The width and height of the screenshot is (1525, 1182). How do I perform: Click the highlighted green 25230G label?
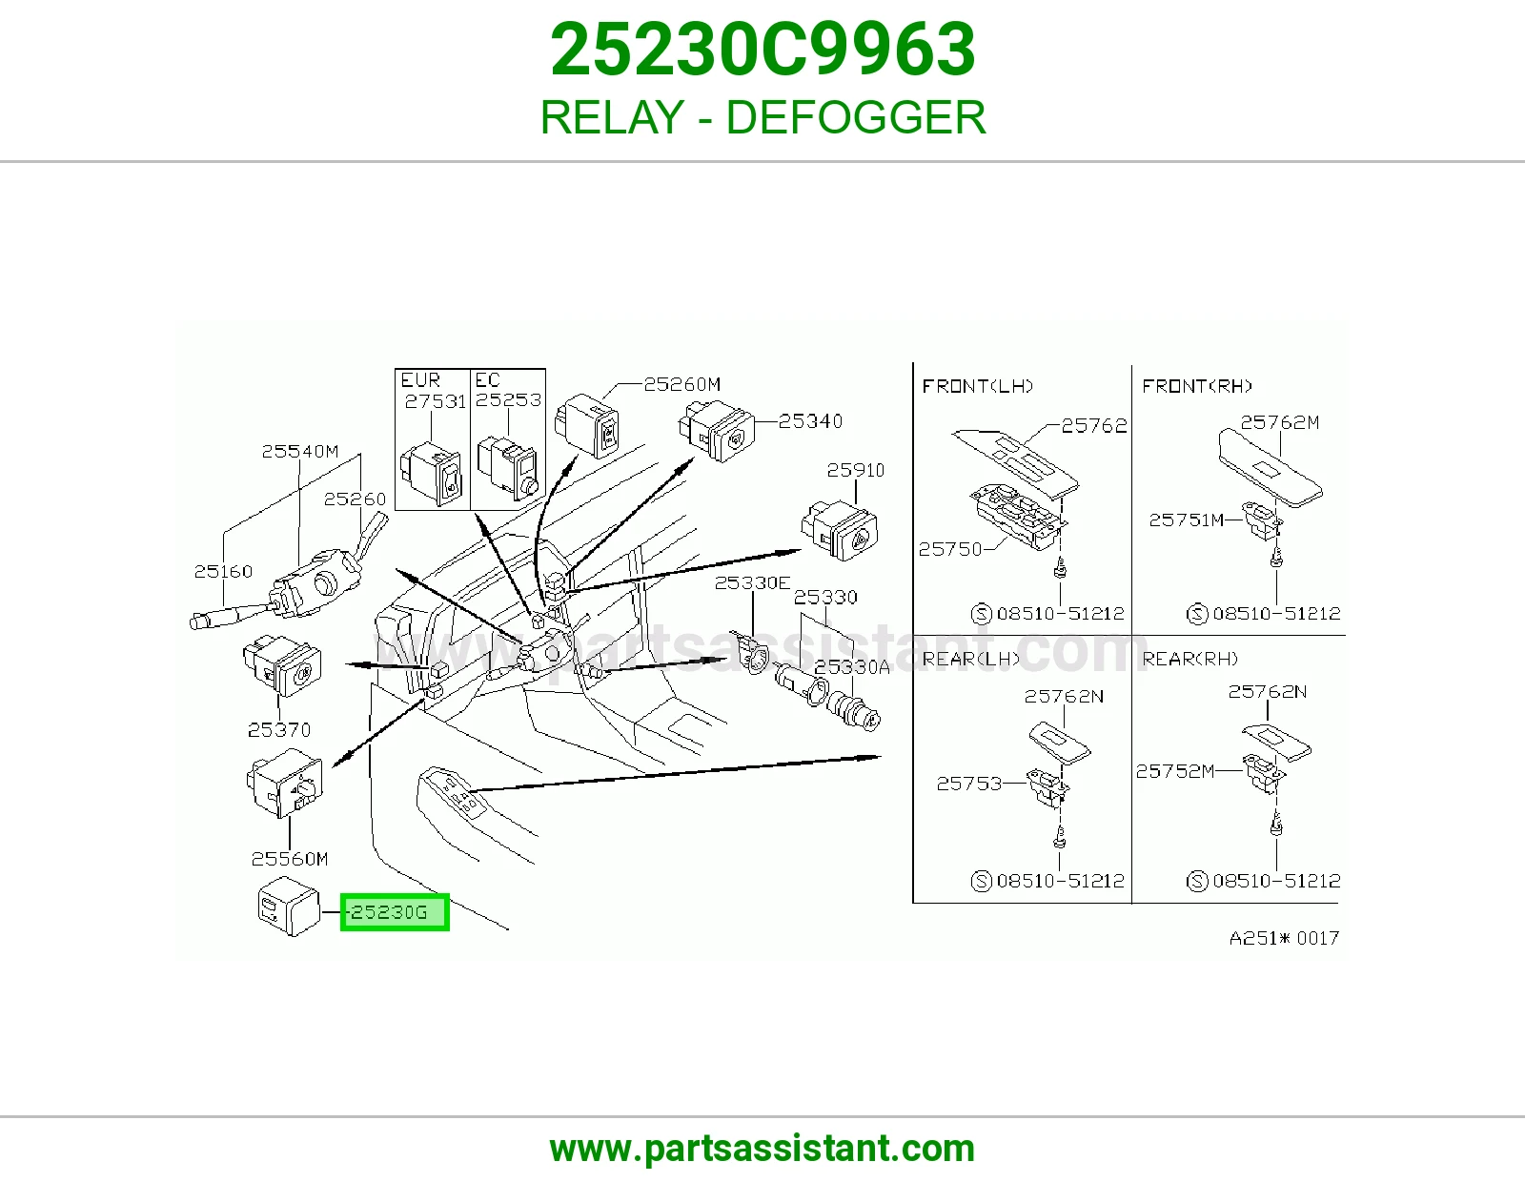coord(395,912)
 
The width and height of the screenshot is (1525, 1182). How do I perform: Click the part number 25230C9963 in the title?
coord(762,50)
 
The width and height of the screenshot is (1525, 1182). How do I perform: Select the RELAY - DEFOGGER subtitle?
coord(762,117)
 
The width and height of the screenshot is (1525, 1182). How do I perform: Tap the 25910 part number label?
coord(856,470)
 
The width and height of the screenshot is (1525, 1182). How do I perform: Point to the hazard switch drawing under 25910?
coord(840,530)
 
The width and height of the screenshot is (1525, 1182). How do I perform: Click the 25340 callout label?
coord(810,421)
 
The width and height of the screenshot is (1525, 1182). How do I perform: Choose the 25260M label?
coord(682,384)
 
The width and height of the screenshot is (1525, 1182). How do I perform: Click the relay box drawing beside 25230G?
coord(289,907)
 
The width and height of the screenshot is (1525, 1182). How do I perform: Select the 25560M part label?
coord(290,859)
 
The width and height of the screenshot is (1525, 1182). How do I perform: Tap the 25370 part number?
coord(278,730)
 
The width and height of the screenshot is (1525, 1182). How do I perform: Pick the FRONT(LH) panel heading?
coord(978,386)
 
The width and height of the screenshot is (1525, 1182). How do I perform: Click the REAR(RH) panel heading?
coord(1190,659)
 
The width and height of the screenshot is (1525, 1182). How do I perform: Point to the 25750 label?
coord(950,549)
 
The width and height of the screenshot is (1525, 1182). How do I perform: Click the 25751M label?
coord(1186,520)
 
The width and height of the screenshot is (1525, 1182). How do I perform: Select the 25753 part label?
coord(969,784)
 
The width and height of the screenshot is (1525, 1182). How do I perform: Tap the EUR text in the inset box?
coord(420,380)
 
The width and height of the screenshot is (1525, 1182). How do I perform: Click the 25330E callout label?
coord(752,582)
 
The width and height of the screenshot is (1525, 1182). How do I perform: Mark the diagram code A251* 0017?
coord(1284,938)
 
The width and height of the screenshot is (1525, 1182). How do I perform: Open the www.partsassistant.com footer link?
coord(762,1149)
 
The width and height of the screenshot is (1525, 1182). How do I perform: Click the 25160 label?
coord(223,571)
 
